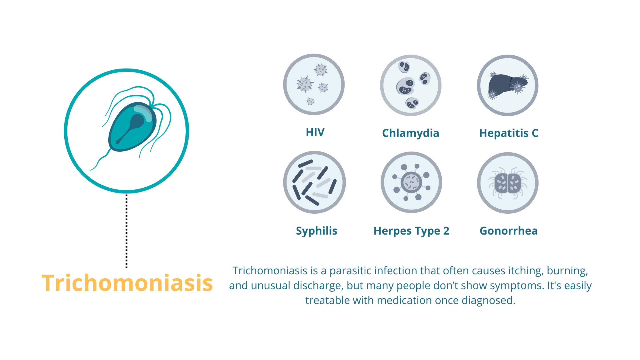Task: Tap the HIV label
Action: click(315, 132)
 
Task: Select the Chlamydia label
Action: click(411, 133)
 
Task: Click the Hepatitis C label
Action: click(509, 133)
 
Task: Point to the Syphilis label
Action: click(317, 231)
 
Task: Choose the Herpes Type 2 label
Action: click(411, 231)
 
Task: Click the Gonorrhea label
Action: click(509, 231)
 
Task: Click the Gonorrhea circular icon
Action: click(508, 183)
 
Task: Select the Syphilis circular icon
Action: click(314, 182)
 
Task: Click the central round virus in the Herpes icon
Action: click(411, 182)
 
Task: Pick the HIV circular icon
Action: click(314, 85)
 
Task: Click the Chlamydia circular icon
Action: click(411, 85)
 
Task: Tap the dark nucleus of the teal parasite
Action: click(134, 124)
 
